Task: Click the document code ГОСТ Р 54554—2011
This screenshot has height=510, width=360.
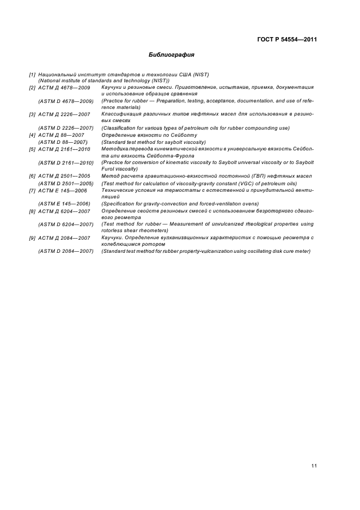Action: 287,40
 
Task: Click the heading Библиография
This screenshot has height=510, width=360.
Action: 172,55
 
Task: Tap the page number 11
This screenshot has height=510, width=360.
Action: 314,465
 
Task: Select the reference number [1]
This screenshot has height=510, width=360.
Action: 33,74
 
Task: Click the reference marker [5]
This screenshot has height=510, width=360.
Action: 33,149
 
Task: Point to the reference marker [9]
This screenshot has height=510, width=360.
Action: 33,238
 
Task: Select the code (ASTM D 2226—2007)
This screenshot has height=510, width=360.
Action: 66,127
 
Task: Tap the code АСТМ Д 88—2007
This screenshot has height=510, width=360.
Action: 61,135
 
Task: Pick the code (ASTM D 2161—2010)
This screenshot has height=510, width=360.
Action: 66,162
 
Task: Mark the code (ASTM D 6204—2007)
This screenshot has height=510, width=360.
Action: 66,224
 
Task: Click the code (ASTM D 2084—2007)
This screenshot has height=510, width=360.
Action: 66,251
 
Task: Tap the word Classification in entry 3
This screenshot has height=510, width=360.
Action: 119,127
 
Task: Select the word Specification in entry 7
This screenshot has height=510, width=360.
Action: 118,204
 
